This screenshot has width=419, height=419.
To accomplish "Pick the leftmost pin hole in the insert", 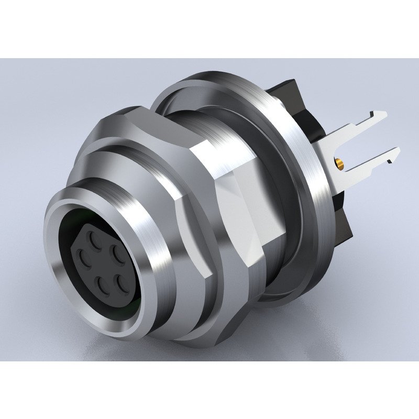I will [x=82, y=257].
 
